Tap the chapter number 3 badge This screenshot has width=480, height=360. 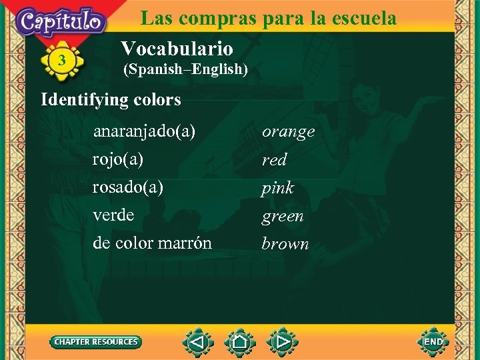[x=62, y=61]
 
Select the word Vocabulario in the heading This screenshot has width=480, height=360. [x=177, y=49]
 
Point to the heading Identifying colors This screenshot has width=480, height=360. [x=111, y=100]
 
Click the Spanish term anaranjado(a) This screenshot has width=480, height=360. [x=144, y=132]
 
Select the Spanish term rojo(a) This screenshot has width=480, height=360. [x=118, y=160]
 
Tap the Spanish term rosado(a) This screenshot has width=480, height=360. [x=128, y=187]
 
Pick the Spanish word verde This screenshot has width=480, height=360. [x=113, y=215]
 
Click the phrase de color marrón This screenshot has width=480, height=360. [x=153, y=243]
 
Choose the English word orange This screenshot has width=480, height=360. [x=288, y=132]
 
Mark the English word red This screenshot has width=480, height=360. [x=274, y=160]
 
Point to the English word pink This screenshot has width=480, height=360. [x=277, y=189]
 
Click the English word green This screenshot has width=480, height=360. [x=283, y=217]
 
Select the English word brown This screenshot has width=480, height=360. [x=285, y=244]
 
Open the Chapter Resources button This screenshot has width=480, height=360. [x=96, y=342]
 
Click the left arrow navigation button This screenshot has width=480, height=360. [x=197, y=343]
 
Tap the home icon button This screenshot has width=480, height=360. [x=240, y=343]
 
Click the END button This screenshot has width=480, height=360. [x=433, y=342]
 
